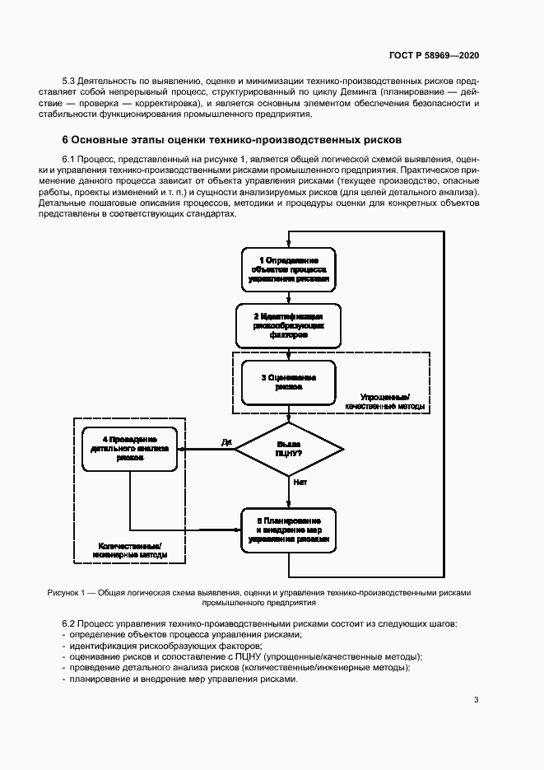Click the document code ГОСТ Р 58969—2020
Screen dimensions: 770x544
[434, 55]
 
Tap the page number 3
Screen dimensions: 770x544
[477, 700]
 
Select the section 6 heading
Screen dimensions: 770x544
[232, 140]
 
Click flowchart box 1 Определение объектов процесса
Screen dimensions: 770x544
[289, 269]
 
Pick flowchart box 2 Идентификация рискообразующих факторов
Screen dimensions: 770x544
[289, 326]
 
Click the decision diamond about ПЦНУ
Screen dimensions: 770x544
[289, 449]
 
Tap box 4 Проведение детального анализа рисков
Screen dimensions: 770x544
[129, 448]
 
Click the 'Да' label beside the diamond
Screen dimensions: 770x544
[226, 442]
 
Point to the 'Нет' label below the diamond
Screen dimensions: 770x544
[300, 482]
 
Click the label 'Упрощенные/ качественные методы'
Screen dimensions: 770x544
[385, 401]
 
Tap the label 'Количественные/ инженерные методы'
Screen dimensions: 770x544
[130, 550]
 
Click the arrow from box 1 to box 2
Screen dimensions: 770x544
[289, 298]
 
